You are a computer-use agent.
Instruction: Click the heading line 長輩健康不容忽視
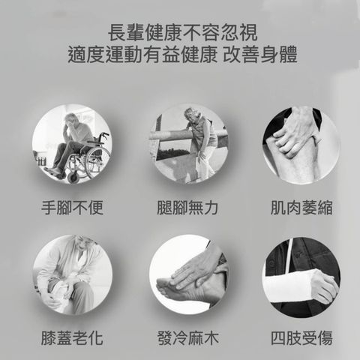pyautogui.click(x=182, y=32)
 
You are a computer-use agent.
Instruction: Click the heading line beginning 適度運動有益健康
pyautogui.click(x=182, y=54)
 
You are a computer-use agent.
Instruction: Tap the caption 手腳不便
pyautogui.click(x=72, y=208)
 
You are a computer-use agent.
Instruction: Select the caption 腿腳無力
pyautogui.click(x=187, y=208)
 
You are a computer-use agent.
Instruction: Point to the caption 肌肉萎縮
pyautogui.click(x=301, y=208)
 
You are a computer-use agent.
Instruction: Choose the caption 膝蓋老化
pyautogui.click(x=72, y=338)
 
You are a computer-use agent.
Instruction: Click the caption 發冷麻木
pyautogui.click(x=188, y=338)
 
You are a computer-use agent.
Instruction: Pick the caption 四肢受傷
pyautogui.click(x=301, y=338)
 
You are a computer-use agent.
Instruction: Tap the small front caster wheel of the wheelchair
pyautogui.click(x=73, y=177)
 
